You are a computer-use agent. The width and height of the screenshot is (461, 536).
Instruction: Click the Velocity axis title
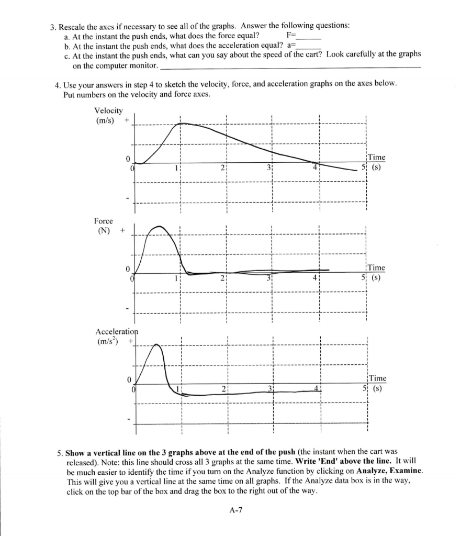108,110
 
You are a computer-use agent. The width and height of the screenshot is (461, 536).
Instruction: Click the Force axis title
103,221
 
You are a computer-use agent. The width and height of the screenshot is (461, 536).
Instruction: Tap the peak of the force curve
159,227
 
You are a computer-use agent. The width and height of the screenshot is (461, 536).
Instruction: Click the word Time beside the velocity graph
376,157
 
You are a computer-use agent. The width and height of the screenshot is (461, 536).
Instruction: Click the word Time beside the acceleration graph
377,378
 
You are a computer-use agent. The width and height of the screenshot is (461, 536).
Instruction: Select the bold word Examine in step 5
404,472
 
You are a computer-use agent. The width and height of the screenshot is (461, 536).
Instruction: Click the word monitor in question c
143,66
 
